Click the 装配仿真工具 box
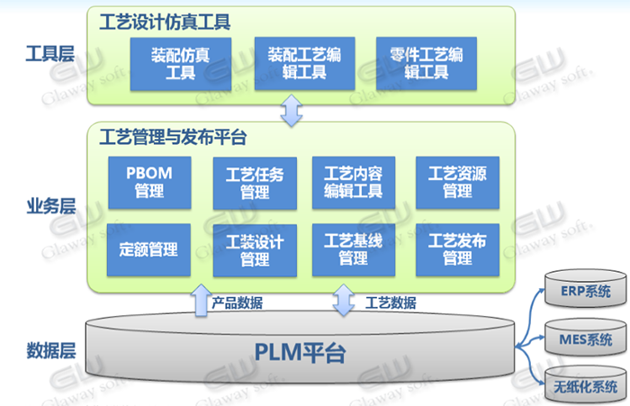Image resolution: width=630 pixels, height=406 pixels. click(x=180, y=64)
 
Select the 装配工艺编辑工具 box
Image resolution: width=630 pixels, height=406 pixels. click(x=304, y=63)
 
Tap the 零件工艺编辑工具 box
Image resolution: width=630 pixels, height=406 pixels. click(x=427, y=63)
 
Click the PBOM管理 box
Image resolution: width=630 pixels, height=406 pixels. click(x=149, y=183)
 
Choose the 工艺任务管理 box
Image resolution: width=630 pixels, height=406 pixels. click(x=255, y=184)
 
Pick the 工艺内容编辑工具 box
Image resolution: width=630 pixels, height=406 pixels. click(x=354, y=183)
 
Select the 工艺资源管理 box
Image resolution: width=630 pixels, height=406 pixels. click(x=457, y=183)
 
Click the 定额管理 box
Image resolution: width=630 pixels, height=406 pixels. click(x=148, y=249)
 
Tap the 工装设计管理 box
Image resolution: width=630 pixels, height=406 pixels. click(x=255, y=250)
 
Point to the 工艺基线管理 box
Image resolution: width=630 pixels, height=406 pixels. click(x=354, y=249)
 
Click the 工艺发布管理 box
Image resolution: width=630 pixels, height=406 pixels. click(x=457, y=249)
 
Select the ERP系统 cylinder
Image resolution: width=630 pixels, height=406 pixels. click(x=585, y=289)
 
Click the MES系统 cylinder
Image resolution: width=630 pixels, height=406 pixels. click(x=585, y=338)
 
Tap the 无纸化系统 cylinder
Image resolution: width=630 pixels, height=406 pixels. click(x=585, y=384)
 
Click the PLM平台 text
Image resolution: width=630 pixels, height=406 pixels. click(x=300, y=353)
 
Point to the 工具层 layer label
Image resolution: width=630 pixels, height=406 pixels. click(x=50, y=54)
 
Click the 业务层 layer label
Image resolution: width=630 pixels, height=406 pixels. click(x=51, y=206)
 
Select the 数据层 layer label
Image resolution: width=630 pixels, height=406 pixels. click(x=51, y=350)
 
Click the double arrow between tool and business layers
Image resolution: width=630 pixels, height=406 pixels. click(x=292, y=111)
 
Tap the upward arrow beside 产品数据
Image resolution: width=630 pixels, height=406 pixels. click(x=201, y=301)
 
